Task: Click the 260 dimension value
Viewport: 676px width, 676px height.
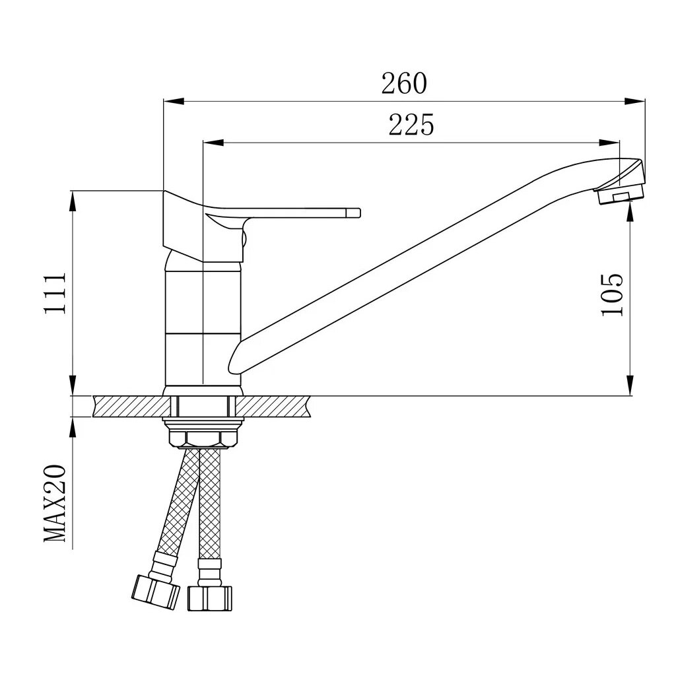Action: (404, 84)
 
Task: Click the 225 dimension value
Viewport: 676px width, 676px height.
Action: (411, 125)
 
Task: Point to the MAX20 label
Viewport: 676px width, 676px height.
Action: (55, 503)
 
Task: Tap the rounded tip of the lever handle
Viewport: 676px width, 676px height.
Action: (357, 213)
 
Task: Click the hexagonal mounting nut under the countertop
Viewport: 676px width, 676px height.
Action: (203, 437)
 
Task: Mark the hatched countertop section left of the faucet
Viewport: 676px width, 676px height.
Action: (128, 406)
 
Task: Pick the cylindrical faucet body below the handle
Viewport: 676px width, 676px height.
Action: (203, 323)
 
